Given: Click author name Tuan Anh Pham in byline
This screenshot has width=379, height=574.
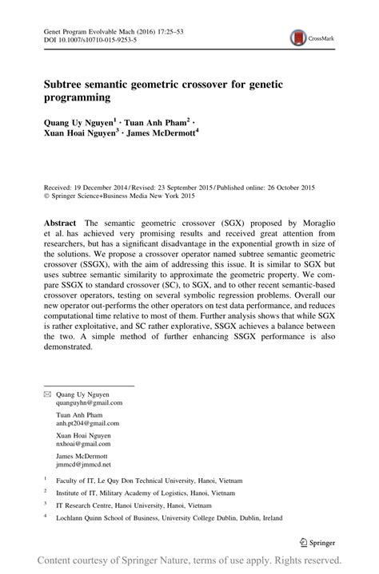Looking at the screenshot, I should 158,122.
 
